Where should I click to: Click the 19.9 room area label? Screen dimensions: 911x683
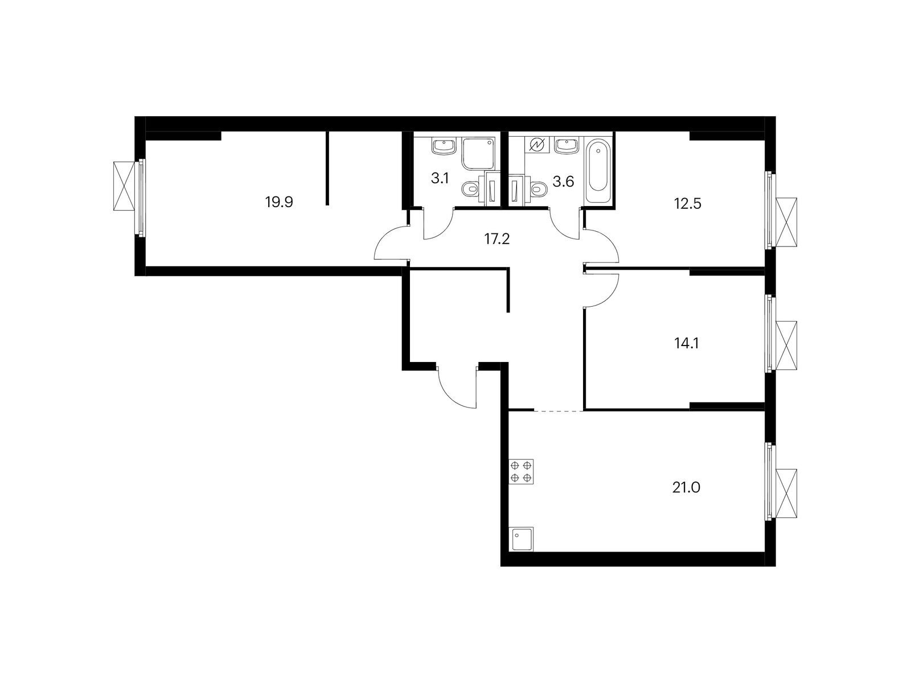coord(279,203)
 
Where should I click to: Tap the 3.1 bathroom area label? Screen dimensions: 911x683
coord(440,178)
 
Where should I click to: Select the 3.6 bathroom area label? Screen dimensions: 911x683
coord(563,182)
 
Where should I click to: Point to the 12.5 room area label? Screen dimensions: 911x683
coord(687,204)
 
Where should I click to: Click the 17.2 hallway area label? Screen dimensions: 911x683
coord(497,239)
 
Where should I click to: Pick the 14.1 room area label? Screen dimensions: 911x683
coord(687,343)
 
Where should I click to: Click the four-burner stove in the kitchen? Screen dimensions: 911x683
coord(521,471)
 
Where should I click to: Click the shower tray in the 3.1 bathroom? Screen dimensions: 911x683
coord(478,154)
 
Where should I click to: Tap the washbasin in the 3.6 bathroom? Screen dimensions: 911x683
coord(565,147)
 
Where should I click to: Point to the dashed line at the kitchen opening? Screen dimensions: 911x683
coord(559,410)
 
